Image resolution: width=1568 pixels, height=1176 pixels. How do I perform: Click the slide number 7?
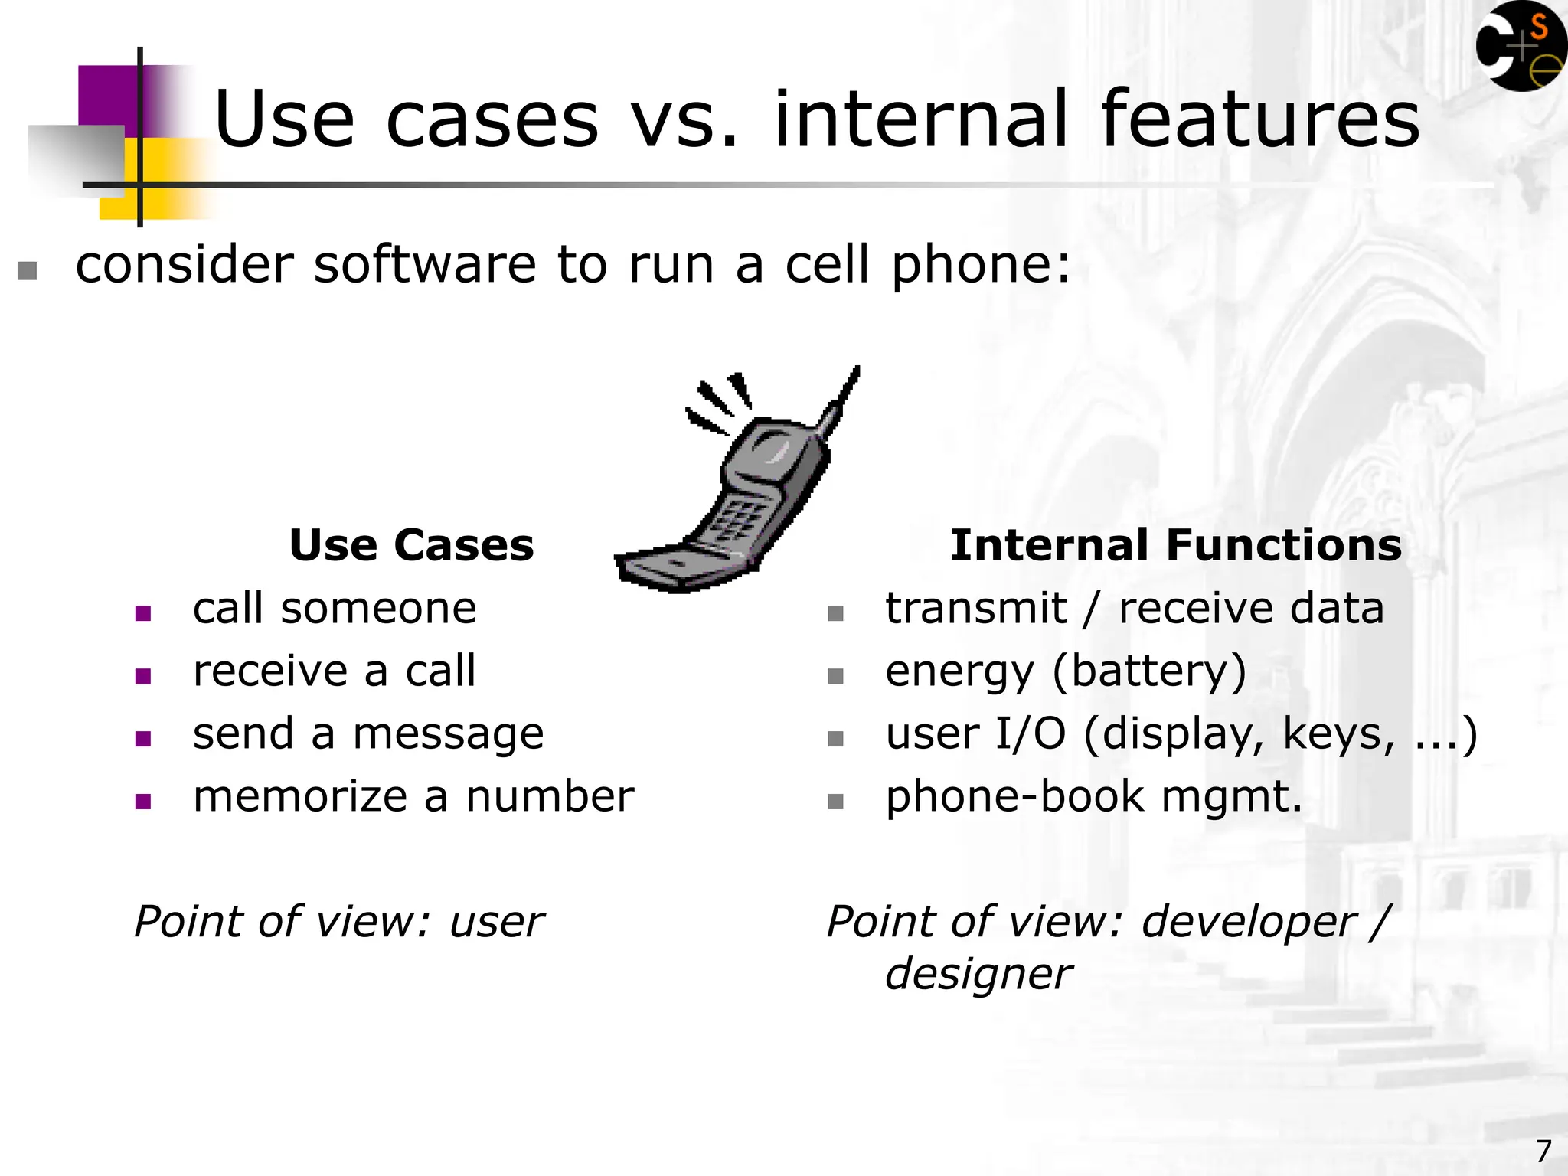point(1543,1151)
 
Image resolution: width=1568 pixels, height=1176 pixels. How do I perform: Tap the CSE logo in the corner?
point(1521,46)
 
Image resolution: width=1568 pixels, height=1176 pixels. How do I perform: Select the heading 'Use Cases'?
point(411,545)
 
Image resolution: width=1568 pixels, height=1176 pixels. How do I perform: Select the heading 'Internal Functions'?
point(1175,545)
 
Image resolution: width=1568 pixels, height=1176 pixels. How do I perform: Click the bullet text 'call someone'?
point(335,609)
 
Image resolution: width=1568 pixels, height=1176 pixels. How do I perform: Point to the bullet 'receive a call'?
point(335,671)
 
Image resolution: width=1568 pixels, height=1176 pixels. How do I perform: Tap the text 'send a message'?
point(368,734)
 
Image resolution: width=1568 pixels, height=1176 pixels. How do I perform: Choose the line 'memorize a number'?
point(413,797)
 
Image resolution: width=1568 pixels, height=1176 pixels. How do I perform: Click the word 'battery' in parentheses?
point(1149,671)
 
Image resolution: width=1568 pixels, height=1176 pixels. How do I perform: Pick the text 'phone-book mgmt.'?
point(1093,797)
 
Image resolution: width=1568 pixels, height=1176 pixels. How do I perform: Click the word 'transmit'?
point(975,609)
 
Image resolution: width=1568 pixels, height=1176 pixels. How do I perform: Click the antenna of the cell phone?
point(842,398)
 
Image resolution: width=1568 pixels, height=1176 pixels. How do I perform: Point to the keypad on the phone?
point(735,521)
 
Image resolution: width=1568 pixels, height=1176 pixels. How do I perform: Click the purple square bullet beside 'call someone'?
point(143,613)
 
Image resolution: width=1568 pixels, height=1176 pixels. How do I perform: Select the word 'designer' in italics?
point(978,975)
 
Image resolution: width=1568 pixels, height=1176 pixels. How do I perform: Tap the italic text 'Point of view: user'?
point(338,922)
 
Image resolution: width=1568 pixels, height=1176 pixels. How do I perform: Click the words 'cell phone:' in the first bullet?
point(927,265)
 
